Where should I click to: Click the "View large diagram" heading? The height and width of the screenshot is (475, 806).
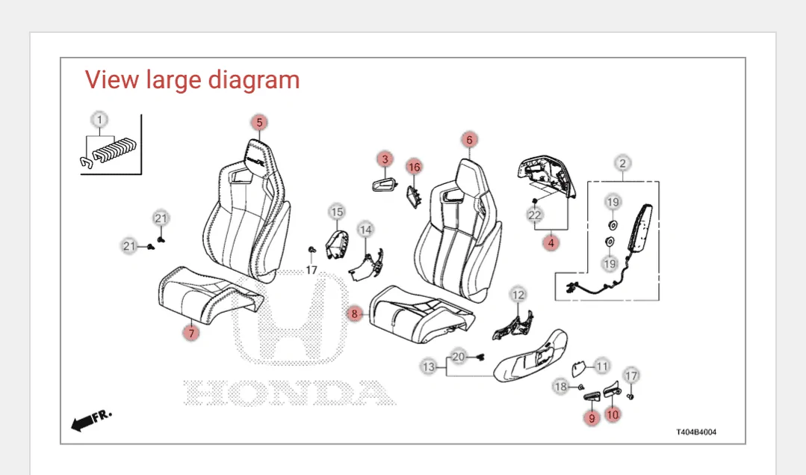pos(192,80)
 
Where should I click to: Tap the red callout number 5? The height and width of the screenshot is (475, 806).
pos(259,123)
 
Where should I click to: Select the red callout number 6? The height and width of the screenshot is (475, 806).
pos(469,139)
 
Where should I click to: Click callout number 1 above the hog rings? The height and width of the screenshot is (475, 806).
pos(99,120)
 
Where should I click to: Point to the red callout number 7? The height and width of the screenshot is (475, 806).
pos(191,333)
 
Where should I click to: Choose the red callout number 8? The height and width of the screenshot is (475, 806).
pos(354,313)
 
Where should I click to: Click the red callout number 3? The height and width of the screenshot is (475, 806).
pos(385,159)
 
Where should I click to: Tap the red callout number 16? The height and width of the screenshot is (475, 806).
pos(414,167)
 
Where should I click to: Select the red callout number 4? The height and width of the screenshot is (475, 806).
pos(551,242)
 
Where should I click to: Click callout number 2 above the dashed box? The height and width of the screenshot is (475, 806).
pos(622,164)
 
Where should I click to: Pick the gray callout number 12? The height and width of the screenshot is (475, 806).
pos(518,295)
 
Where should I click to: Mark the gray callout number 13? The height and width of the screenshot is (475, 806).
pos(429,367)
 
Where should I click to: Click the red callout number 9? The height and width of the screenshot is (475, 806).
pos(592,418)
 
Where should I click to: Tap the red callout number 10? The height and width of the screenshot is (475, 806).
pos(613,414)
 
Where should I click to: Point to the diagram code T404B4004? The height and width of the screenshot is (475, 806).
pos(696,432)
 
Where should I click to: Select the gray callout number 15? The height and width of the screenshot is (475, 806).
pos(337,212)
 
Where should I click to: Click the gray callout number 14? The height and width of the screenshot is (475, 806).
pos(365,230)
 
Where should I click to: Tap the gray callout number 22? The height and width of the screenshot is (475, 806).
pos(535,215)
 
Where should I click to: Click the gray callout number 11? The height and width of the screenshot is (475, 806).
pos(602,367)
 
